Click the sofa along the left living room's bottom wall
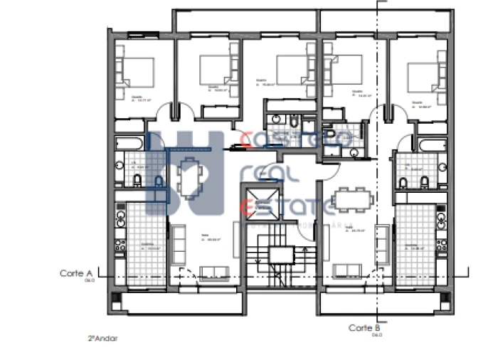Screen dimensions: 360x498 tap(211, 271)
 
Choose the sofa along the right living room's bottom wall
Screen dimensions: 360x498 tap(346, 271)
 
